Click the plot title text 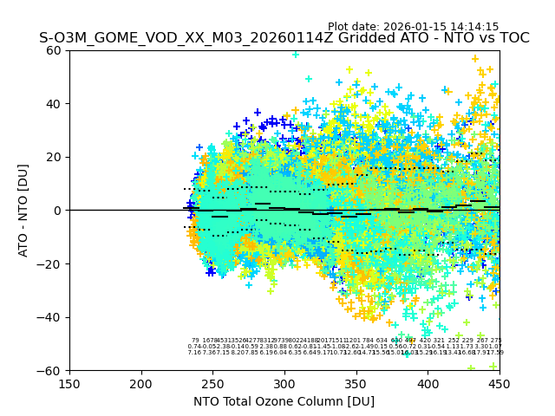[284, 38]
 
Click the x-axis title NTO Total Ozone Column [284, 401]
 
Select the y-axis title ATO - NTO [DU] [24, 211]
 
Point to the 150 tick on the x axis [69, 383]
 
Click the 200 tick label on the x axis [141, 383]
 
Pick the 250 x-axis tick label [212, 383]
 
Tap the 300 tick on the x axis [284, 383]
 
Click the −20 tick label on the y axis [52, 263]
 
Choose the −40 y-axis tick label [52, 317]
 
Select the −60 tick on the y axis [52, 370]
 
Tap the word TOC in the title [512, 38]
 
